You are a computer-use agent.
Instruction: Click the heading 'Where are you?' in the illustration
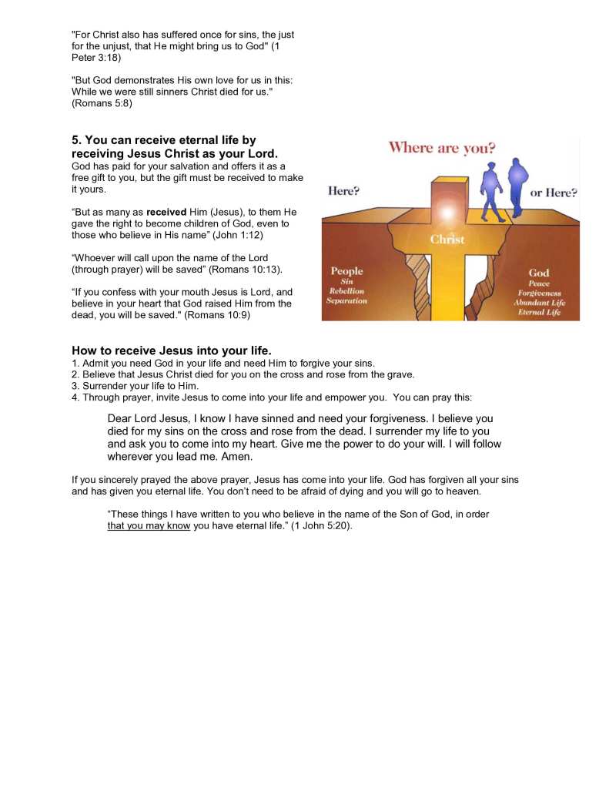pyautogui.click(x=442, y=148)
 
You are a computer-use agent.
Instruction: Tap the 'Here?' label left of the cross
pyautogui.click(x=343, y=191)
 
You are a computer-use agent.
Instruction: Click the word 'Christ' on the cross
pyautogui.click(x=447, y=240)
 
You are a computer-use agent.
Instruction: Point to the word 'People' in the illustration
pyautogui.click(x=346, y=271)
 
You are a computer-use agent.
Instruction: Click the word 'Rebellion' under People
pyautogui.click(x=346, y=291)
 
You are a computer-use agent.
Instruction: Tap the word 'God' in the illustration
pyautogui.click(x=539, y=273)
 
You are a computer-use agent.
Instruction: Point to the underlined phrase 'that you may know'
pyautogui.click(x=149, y=527)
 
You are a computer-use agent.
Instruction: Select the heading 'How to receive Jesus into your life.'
pyautogui.click(x=171, y=350)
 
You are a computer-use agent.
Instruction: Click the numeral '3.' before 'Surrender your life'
pyautogui.click(x=75, y=385)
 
